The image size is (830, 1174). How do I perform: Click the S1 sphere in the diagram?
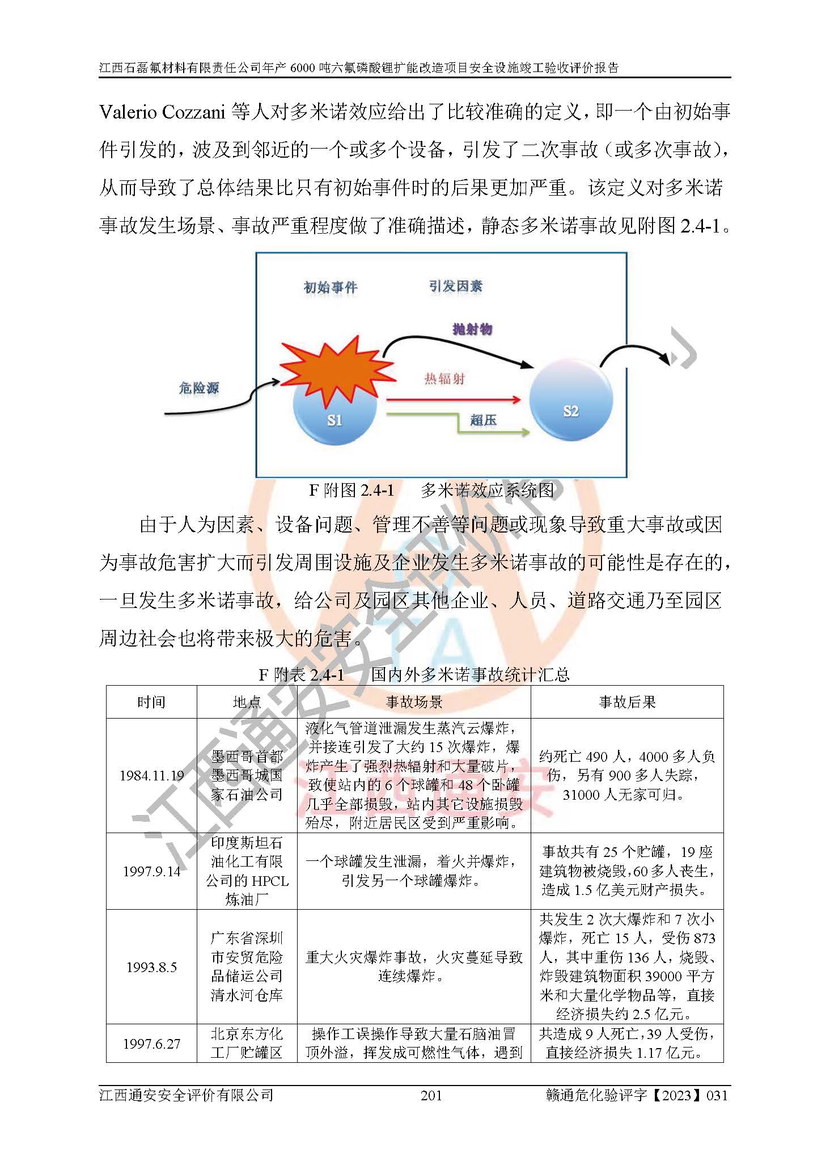point(334,417)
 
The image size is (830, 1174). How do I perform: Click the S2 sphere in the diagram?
point(571,403)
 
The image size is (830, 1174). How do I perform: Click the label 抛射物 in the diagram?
point(472,329)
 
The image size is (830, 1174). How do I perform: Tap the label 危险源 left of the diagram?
point(198,388)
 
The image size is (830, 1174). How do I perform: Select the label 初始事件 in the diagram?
point(331,288)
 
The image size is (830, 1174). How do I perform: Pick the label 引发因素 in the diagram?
point(455,286)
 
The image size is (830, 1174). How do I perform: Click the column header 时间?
point(151,702)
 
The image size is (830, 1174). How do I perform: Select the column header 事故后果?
point(627,702)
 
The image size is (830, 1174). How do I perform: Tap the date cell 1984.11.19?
point(151,776)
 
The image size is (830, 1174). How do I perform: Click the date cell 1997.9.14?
point(151,871)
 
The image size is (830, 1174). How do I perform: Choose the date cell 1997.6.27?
point(151,1044)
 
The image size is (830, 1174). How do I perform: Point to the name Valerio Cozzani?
point(163,112)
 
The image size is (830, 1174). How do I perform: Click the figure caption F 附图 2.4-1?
point(351,490)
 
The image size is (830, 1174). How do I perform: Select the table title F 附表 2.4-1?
point(302,674)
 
